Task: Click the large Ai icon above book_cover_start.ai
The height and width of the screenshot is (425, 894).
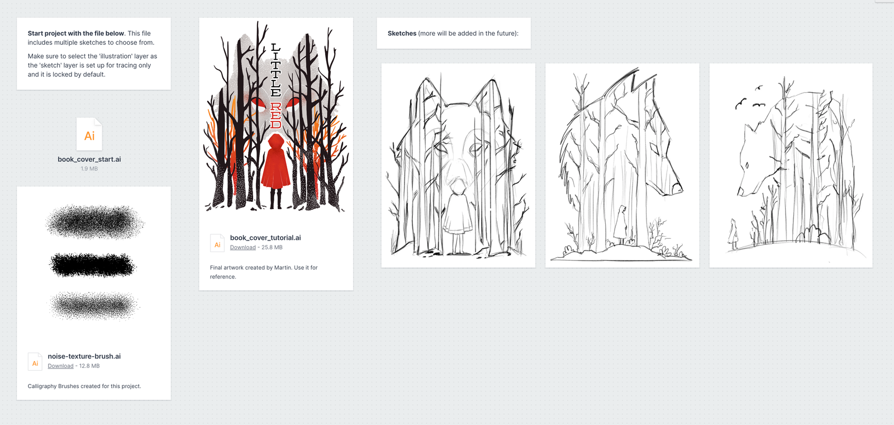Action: tap(89, 134)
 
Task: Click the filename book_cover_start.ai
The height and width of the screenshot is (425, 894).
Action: tap(89, 159)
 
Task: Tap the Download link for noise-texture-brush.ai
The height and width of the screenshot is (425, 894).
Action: tap(61, 366)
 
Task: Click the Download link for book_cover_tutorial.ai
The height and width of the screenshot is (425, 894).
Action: tap(242, 247)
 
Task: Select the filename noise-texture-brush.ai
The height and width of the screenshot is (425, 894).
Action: tap(84, 356)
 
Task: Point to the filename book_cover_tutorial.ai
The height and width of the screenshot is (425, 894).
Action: tap(265, 238)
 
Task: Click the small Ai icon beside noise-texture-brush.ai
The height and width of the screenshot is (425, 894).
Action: tap(35, 362)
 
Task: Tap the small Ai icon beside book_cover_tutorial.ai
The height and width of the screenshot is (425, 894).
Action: tap(217, 243)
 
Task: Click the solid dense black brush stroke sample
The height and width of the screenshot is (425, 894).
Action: tap(93, 265)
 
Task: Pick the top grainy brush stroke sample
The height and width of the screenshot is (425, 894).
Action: tap(94, 221)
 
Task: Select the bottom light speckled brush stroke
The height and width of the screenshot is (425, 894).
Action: tap(94, 305)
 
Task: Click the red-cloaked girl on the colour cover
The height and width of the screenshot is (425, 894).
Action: tap(275, 171)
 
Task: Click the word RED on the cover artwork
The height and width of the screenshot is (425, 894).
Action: tap(276, 115)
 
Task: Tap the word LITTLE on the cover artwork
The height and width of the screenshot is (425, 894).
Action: tap(276, 70)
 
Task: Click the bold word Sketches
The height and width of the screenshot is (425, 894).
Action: tap(402, 34)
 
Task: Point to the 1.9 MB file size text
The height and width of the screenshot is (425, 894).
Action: tap(89, 168)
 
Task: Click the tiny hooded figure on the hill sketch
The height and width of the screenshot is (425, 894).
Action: tap(733, 234)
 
